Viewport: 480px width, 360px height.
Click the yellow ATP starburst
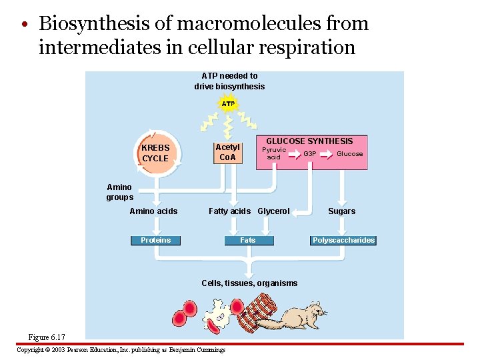point(228,104)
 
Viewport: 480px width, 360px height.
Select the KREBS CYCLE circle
point(156,153)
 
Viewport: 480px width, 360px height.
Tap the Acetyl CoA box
point(227,153)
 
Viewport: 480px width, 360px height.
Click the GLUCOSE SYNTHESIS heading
point(309,141)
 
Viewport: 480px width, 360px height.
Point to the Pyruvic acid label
point(273,153)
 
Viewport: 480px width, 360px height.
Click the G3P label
point(310,154)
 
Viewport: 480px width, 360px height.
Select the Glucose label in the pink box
point(349,154)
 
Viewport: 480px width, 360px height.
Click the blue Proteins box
point(155,240)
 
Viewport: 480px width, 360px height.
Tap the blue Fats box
point(247,240)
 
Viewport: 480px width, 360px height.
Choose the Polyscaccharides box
point(343,240)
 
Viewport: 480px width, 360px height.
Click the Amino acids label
point(153,211)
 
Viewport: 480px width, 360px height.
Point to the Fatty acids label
point(229,211)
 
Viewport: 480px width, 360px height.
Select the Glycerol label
point(273,211)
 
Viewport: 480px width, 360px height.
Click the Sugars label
point(341,211)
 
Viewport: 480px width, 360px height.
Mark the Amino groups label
point(119,192)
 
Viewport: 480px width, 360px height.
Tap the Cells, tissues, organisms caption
point(249,283)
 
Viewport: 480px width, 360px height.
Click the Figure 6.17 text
point(47,337)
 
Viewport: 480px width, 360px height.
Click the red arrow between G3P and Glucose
point(327,154)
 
